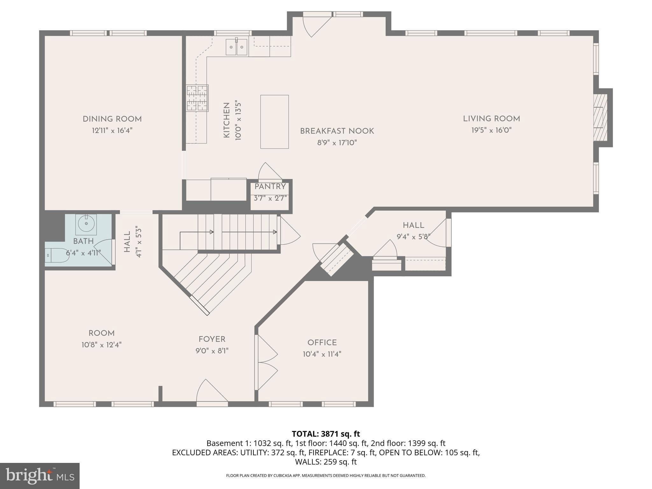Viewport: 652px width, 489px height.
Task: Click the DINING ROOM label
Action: pyautogui.click(x=112, y=119)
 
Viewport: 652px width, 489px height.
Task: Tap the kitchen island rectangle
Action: pyautogui.click(x=274, y=122)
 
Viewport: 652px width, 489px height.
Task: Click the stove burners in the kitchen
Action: pyautogui.click(x=197, y=98)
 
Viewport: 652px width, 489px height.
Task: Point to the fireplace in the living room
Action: pyautogui.click(x=601, y=117)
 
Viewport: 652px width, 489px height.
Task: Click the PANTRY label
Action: pyautogui.click(x=270, y=187)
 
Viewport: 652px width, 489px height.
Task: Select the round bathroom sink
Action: pyautogui.click(x=86, y=223)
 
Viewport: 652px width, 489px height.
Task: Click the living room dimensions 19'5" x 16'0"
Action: pyautogui.click(x=491, y=130)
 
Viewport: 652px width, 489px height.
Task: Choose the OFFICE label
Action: pyautogui.click(x=322, y=343)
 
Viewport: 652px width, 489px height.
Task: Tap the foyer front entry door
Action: pyautogui.click(x=211, y=392)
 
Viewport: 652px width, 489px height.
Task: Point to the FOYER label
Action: pyautogui.click(x=212, y=339)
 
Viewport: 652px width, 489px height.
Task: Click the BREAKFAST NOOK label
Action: pyautogui.click(x=337, y=131)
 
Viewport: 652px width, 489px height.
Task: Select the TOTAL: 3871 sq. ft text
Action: pyautogui.click(x=326, y=434)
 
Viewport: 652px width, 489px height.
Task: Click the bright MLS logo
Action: pyautogui.click(x=39, y=476)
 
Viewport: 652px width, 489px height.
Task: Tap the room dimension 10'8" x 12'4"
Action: pyautogui.click(x=101, y=345)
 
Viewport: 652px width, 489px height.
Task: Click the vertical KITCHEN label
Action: pyautogui.click(x=227, y=120)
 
